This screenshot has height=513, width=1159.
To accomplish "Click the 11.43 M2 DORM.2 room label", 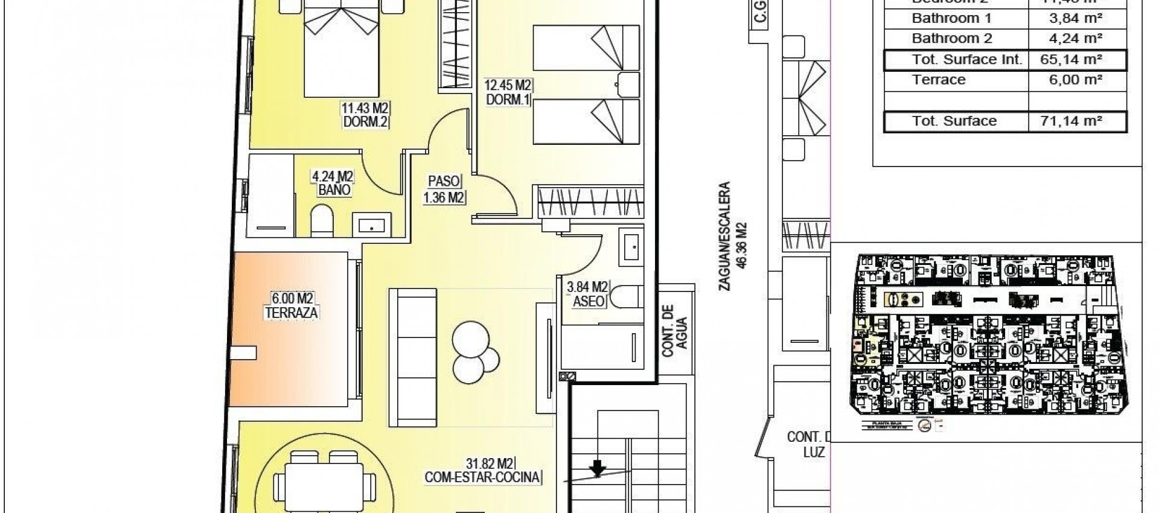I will tap(365, 115).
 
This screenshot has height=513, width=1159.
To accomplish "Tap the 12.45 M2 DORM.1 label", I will tap(508, 92).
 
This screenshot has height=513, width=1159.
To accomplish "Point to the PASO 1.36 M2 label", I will tap(444, 189).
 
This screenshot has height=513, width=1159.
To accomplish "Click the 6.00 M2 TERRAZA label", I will tap(292, 305).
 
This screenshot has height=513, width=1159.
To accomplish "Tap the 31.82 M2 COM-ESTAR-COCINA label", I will tap(482, 471).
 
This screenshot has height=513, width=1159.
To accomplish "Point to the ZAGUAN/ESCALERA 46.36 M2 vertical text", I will tap(733, 236).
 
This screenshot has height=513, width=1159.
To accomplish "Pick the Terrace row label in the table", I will tap(939, 80).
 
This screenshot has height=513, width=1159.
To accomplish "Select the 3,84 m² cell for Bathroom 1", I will tap(1076, 18).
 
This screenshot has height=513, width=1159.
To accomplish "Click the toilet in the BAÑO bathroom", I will tap(321, 221).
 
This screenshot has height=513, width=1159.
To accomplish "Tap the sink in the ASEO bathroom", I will tap(631, 247).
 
